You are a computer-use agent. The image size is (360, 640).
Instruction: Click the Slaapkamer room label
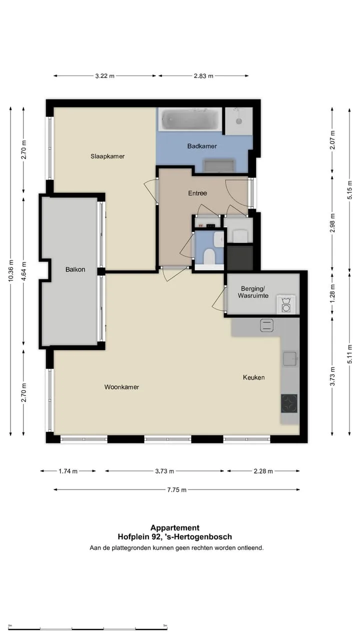tap(107, 156)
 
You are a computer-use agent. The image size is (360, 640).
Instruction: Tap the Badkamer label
tap(202, 146)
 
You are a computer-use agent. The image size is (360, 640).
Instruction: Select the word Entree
tap(197, 193)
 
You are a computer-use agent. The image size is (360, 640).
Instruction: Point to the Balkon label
tap(75, 269)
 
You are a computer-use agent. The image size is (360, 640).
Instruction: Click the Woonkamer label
tap(121, 387)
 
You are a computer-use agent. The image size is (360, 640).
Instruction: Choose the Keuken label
tap(253, 377)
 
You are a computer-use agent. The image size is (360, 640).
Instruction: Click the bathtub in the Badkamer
tap(190, 119)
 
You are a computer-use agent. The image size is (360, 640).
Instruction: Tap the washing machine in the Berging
tap(286, 305)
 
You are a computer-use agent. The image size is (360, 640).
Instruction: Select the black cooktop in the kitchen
tap(289, 403)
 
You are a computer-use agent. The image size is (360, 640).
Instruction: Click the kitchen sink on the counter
tap(290, 359)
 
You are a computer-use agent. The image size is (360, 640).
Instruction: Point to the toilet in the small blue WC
tap(209, 256)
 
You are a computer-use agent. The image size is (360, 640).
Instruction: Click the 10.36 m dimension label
tap(11, 270)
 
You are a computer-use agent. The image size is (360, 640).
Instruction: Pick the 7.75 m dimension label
tap(177, 489)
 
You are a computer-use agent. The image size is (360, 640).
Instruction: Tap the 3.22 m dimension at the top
tap(105, 75)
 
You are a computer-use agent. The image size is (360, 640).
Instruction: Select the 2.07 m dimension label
tap(332, 140)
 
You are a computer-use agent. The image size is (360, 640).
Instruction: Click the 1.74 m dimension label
tap(68, 471)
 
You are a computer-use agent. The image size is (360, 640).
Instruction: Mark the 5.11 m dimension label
tap(349, 354)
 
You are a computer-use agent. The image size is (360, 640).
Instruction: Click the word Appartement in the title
tap(175, 527)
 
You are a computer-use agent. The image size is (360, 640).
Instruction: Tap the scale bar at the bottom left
tap(87, 628)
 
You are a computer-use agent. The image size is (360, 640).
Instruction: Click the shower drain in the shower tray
tap(239, 121)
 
